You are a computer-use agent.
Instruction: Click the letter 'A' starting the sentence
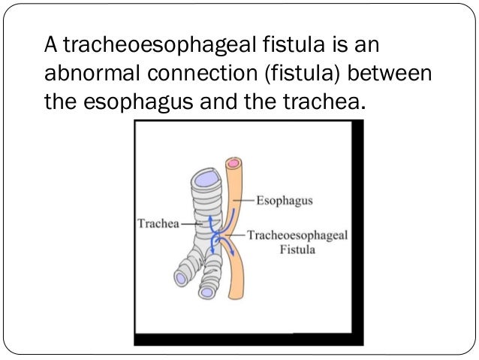coord(50,47)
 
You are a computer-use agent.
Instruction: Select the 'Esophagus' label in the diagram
coord(284,201)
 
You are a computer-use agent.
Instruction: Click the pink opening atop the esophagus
coord(234,162)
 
